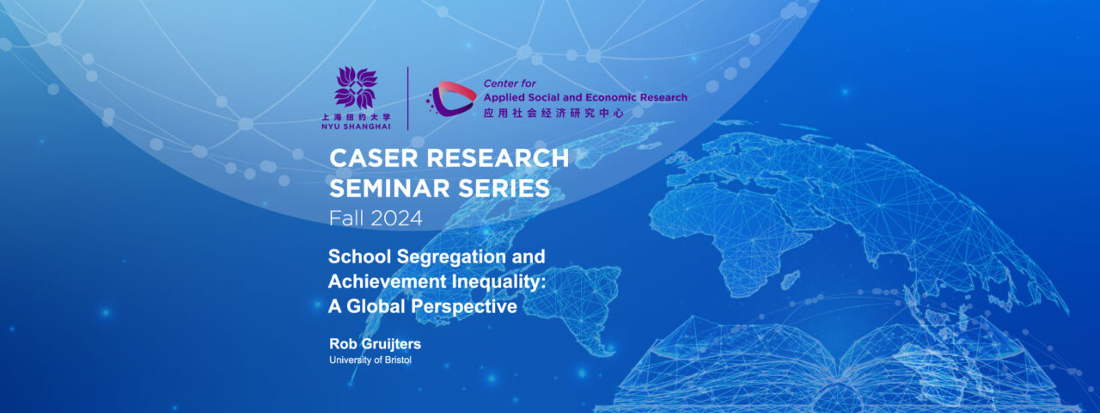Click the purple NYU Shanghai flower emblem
[x=356, y=88]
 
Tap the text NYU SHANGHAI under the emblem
[x=355, y=125]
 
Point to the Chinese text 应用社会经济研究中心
[x=552, y=112]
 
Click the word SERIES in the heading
[x=506, y=188]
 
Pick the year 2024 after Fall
[x=397, y=219]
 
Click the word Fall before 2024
[x=346, y=219]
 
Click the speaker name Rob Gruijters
[x=375, y=344]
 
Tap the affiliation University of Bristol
[x=370, y=360]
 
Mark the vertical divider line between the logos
[x=407, y=98]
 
